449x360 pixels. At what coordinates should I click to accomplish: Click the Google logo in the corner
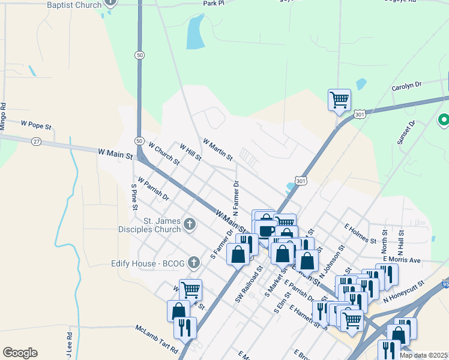point(20,352)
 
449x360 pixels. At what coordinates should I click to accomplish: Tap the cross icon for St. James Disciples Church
point(190,225)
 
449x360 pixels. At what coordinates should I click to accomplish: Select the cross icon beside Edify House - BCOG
point(193,262)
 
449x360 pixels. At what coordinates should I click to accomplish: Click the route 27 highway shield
point(37,141)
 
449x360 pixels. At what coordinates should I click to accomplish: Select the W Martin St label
point(218,149)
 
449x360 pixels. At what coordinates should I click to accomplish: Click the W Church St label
point(164,154)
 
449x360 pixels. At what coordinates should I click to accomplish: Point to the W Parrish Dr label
point(153,188)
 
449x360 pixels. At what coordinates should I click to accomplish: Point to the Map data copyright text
point(424,355)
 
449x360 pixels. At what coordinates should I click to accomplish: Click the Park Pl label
point(213,3)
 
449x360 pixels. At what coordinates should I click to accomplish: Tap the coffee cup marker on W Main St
point(265,230)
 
